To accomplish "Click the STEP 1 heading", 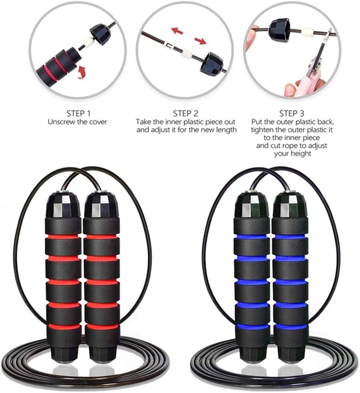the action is pyautogui.click(x=78, y=113).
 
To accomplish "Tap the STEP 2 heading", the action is pyautogui.click(x=186, y=113).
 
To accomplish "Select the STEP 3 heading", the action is pyautogui.click(x=292, y=113).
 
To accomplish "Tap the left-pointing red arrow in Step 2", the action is pyautogui.click(x=177, y=30).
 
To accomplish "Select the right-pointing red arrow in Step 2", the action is pyautogui.click(x=200, y=40).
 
